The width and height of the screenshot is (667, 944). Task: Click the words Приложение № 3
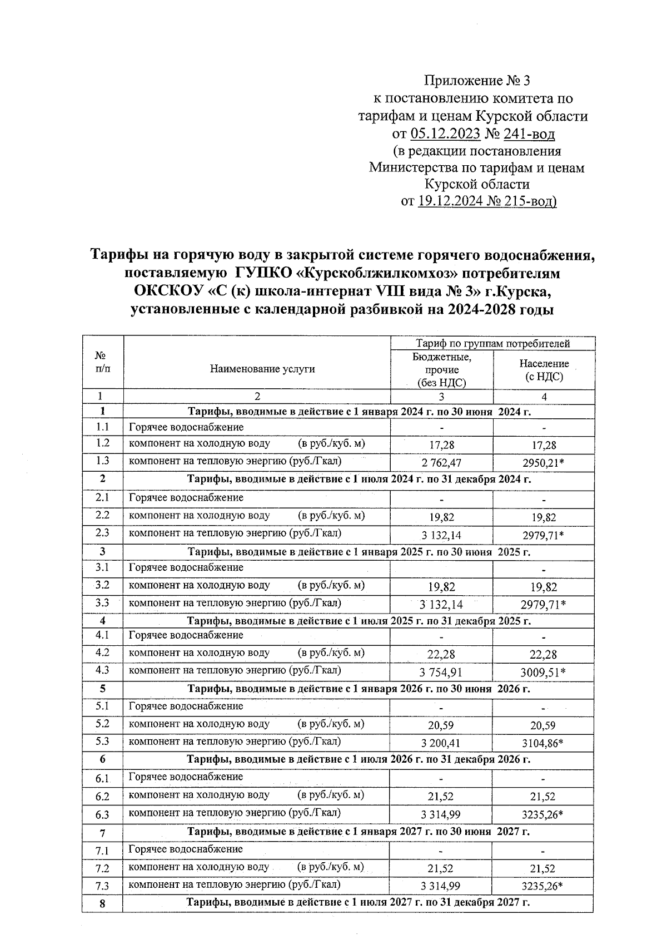(x=476, y=81)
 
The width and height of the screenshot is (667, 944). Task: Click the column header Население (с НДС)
(x=544, y=370)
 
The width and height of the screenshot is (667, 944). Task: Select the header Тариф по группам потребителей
(x=493, y=344)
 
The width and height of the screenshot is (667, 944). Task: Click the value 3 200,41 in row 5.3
(x=441, y=743)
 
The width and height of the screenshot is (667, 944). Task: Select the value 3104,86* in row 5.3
(x=544, y=743)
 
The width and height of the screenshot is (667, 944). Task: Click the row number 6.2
(x=102, y=797)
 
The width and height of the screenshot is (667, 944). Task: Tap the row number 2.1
(x=102, y=498)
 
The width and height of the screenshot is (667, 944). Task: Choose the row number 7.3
(x=102, y=886)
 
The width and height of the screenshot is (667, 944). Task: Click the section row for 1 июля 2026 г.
(x=359, y=759)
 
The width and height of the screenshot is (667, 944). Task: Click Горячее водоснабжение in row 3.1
(x=186, y=568)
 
